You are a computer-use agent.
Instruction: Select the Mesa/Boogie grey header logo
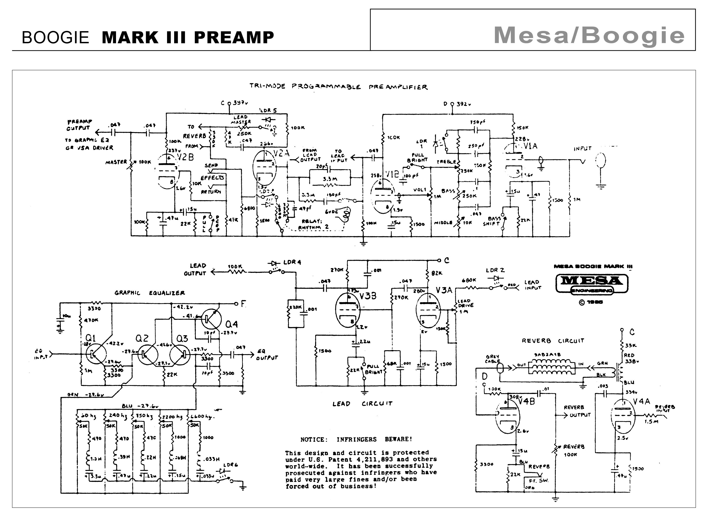(x=589, y=36)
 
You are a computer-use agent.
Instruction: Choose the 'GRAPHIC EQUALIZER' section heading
(x=150, y=293)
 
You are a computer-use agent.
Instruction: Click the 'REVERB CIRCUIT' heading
(x=553, y=341)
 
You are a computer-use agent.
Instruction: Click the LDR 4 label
(x=292, y=262)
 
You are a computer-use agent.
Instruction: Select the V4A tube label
(x=641, y=402)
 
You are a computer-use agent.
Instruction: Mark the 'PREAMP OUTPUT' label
(x=79, y=125)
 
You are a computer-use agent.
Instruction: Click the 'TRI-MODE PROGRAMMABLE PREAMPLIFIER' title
(x=338, y=87)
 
